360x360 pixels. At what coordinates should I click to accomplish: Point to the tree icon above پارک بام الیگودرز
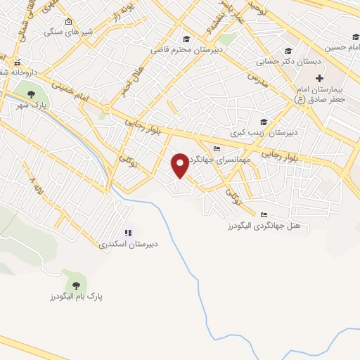(x=75, y=285)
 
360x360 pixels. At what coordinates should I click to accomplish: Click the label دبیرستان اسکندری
(x=128, y=245)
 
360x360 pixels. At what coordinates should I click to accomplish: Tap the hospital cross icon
(x=319, y=77)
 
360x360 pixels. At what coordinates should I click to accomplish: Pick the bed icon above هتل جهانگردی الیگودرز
(x=264, y=214)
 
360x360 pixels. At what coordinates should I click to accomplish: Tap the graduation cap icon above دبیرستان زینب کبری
(x=264, y=121)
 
